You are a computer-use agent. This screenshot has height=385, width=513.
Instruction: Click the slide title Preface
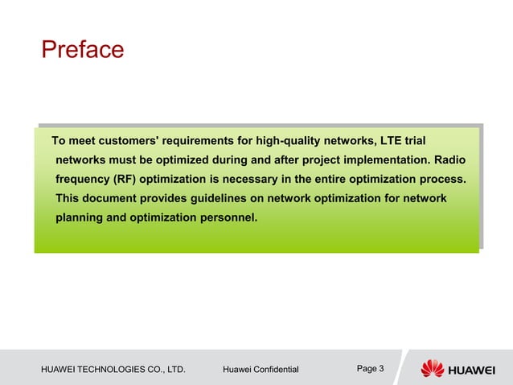(x=83, y=50)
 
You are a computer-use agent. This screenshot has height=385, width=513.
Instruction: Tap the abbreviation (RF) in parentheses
(x=125, y=178)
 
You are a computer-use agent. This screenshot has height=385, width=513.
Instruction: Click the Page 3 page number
(x=370, y=369)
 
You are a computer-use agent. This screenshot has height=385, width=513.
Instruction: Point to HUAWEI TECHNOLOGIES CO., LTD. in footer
(x=113, y=370)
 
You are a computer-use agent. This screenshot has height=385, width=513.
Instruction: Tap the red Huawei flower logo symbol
(x=433, y=368)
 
